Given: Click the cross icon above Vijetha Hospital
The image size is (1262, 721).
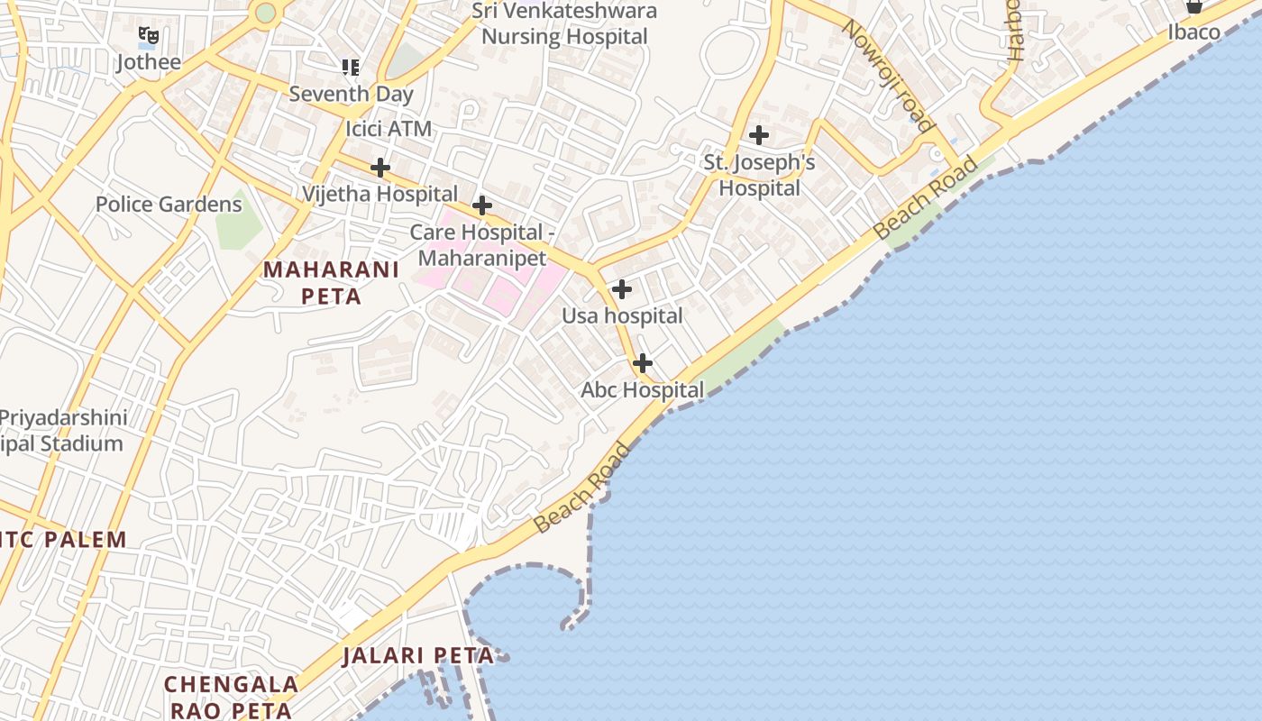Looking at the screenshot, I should (380, 168).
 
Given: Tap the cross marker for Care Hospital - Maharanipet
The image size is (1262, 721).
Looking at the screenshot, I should (482, 205).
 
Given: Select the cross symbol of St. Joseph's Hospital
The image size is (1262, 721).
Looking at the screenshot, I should (759, 135).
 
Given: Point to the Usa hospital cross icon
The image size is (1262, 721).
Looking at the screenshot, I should (621, 289).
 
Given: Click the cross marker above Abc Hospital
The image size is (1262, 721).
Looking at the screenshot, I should (642, 363).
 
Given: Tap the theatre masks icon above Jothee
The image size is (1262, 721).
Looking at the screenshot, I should (149, 36).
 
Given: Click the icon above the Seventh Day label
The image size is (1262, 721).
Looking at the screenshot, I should (351, 67).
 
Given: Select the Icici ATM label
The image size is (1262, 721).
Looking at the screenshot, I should (389, 129).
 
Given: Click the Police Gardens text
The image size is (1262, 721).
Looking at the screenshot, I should (169, 204).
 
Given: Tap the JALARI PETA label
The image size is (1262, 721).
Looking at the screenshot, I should (418, 655).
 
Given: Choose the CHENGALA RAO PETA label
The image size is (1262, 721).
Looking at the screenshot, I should (231, 697).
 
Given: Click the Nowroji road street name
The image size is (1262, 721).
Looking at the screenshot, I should (886, 75).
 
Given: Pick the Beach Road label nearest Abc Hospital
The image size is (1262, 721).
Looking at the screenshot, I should (582, 488).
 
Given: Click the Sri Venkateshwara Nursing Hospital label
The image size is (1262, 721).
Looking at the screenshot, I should (565, 23).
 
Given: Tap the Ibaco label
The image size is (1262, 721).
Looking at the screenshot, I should (1193, 32).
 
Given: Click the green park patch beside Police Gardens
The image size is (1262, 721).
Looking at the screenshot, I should (237, 221).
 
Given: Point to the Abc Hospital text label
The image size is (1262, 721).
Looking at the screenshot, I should (642, 390).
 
